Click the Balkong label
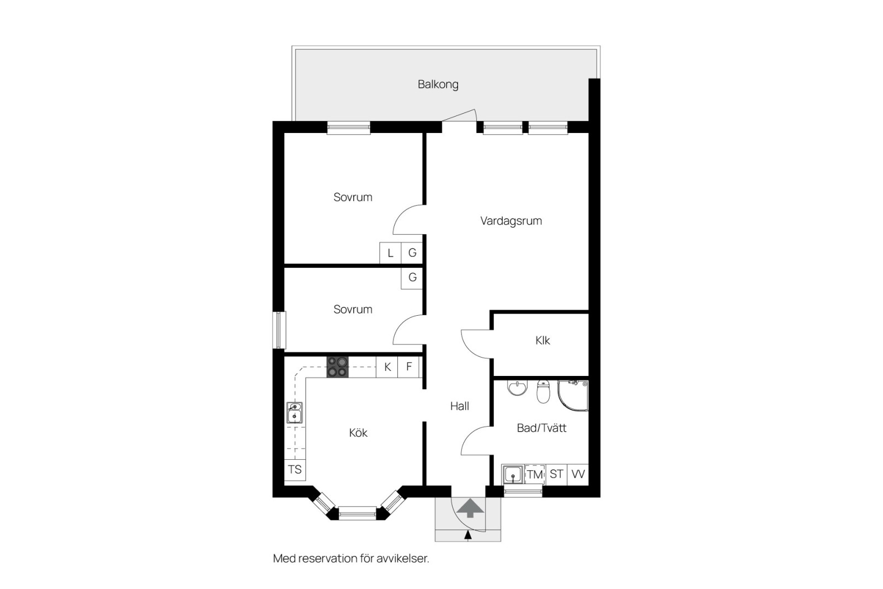coord(438,84)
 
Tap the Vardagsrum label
coord(511,221)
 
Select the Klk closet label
coord(542,340)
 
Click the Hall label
coord(460,406)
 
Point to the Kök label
coord(358,432)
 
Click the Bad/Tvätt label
coord(541,428)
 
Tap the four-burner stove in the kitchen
coord(337,367)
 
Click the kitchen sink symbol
coord(295,413)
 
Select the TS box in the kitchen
coord(295,470)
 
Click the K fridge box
coord(387,367)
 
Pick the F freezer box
coord(409,367)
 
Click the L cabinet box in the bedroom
coord(390,253)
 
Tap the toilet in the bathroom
coord(543,391)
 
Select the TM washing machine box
coord(535,474)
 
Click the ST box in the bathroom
coord(556,474)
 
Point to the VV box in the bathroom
coord(578,474)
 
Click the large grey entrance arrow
coord(470,508)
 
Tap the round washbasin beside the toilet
coord(517,388)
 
